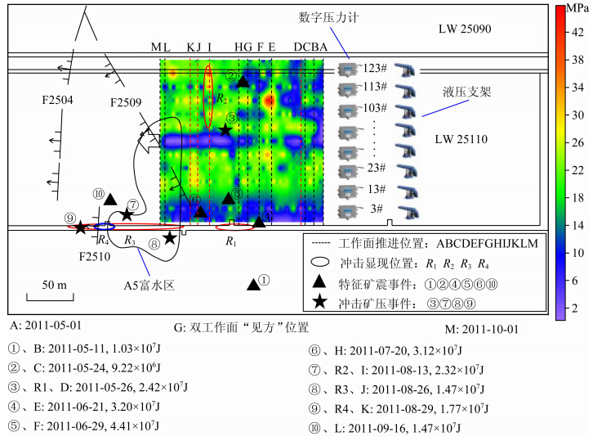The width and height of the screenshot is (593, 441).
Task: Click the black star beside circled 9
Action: [x=80, y=227]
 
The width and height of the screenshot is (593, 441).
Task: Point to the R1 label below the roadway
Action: [x=231, y=241]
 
